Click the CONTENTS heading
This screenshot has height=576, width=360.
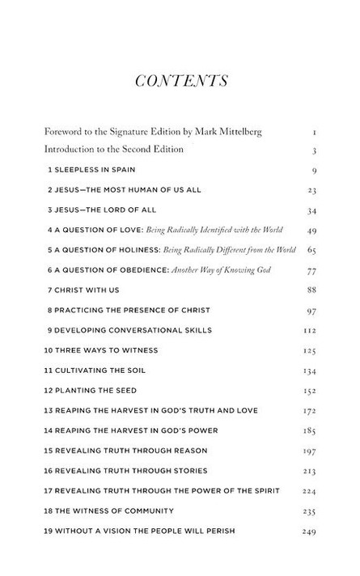point(180,80)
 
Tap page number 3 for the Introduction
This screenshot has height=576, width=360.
point(313,150)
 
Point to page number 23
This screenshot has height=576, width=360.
point(311,191)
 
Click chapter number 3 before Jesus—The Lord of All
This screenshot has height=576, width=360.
point(49,210)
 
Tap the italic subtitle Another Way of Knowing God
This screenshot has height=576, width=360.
point(202,270)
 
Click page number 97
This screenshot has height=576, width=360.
point(311,311)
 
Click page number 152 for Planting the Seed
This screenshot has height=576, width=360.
point(310,391)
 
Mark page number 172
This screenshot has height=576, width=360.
point(310,411)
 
